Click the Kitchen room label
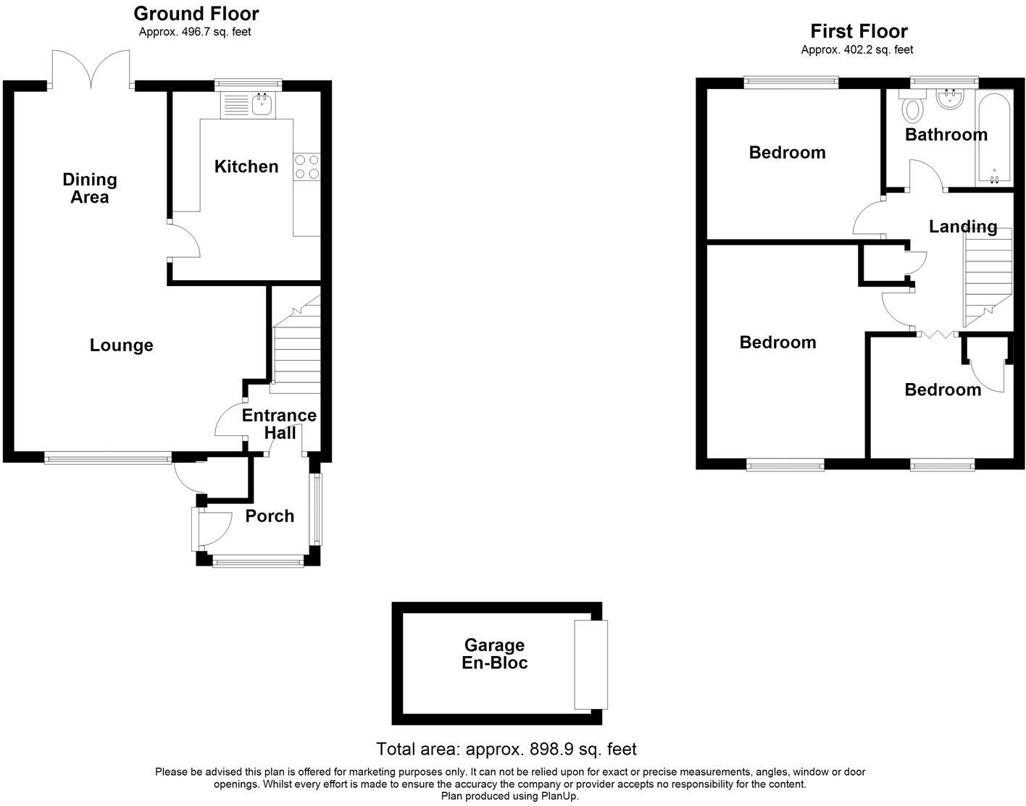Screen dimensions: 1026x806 point(246,167)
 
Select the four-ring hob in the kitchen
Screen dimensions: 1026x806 point(307,167)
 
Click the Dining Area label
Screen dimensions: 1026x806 point(90,188)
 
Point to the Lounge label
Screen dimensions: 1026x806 point(122,345)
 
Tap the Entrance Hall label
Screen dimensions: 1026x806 point(279,424)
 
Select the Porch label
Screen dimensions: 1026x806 point(270,516)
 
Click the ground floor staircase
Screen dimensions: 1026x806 point(296,348)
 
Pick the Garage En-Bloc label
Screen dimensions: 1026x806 point(495,654)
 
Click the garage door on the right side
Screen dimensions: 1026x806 point(591,664)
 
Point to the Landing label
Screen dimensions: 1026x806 point(963,227)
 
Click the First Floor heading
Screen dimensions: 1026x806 point(859,31)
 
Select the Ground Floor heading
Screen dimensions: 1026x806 point(196,13)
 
